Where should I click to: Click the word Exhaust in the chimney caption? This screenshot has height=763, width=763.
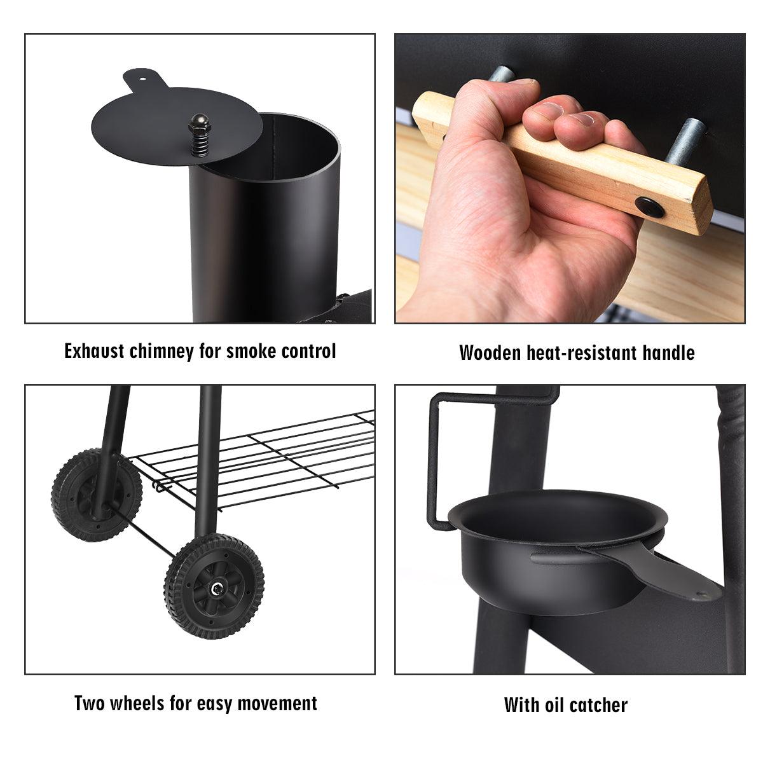click(x=94, y=351)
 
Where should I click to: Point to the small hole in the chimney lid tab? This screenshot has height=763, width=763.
click(x=142, y=78)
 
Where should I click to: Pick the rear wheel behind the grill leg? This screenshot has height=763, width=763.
click(x=96, y=495)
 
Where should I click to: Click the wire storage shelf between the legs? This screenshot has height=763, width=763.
click(x=254, y=459)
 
